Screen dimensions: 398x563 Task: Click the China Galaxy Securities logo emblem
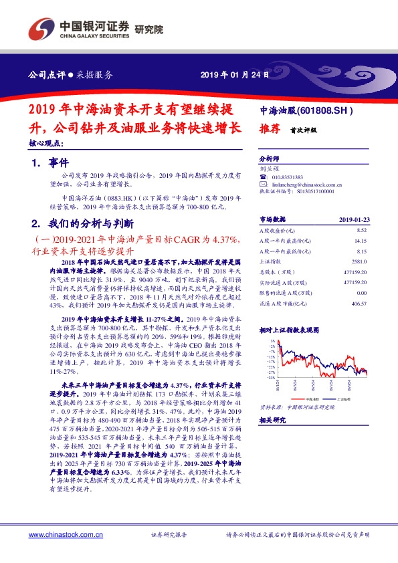pos(39,27)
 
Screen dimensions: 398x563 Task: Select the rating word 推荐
pos(269,132)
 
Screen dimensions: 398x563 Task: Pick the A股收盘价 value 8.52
pos(361,229)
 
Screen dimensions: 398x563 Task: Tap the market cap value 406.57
pos(359,304)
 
